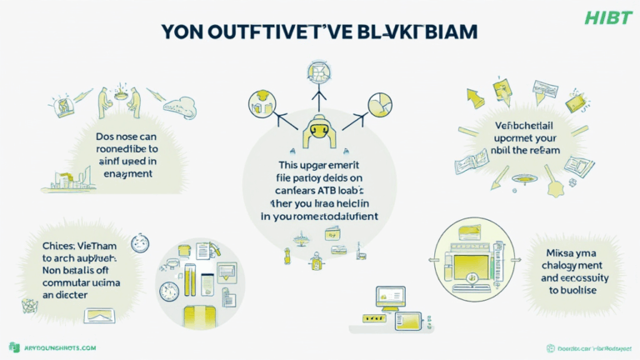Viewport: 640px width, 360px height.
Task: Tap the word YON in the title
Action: pos(186,32)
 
